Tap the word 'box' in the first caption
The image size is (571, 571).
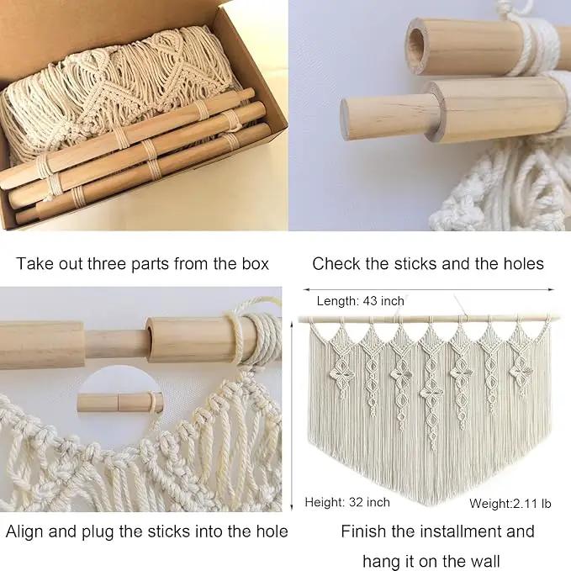pos(256,264)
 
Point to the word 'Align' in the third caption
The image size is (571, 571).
pos(24,531)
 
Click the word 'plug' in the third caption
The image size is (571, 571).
pos(98,532)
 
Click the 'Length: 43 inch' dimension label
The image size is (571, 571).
pos(361,301)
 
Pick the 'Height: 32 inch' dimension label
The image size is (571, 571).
pos(347,503)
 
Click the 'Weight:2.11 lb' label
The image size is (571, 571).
pos(510,504)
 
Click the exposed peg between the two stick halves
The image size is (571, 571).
pos(116,344)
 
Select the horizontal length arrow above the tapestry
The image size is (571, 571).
pos(428,290)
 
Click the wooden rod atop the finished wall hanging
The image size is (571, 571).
pos(429,319)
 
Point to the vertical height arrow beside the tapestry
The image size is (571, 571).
pos(292,415)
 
